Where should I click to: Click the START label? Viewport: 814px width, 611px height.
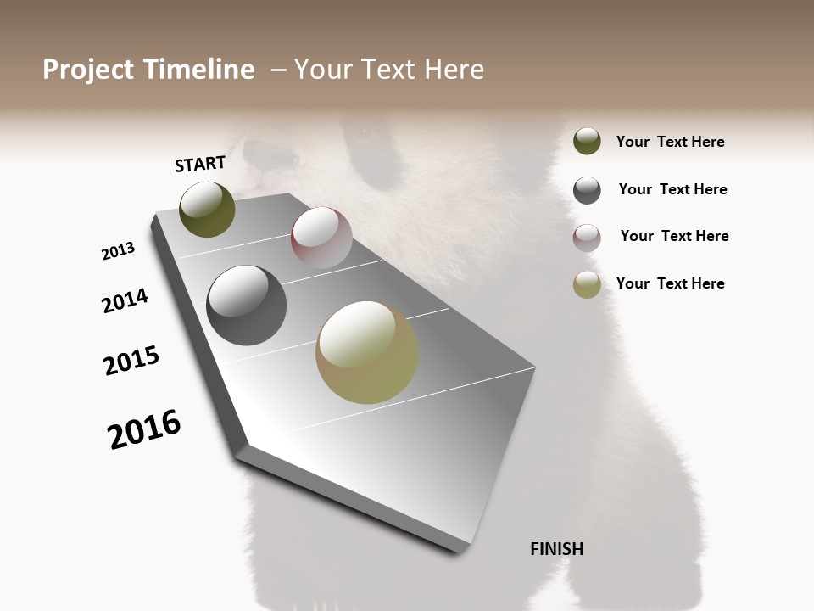click(x=200, y=164)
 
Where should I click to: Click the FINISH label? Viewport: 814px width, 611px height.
click(x=557, y=549)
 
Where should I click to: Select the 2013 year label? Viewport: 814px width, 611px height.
click(x=118, y=251)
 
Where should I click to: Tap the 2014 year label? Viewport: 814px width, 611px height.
click(x=125, y=300)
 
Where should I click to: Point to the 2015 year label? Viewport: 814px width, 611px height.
click(x=131, y=361)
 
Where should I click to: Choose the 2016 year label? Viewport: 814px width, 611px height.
click(x=144, y=429)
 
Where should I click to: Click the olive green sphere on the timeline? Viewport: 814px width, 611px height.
click(x=207, y=210)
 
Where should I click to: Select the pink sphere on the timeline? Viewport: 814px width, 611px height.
click(x=321, y=238)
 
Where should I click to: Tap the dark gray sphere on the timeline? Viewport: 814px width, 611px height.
click(x=246, y=305)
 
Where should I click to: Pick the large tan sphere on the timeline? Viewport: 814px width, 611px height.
click(x=367, y=352)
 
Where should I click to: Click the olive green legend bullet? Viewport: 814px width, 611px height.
click(x=587, y=141)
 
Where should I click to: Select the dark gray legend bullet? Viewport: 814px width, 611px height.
click(x=587, y=190)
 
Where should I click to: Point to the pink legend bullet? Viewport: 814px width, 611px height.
click(x=587, y=238)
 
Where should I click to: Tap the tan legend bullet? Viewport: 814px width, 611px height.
click(x=587, y=284)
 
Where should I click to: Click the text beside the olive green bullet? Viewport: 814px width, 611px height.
click(x=670, y=142)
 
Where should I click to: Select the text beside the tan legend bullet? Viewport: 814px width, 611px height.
click(x=670, y=283)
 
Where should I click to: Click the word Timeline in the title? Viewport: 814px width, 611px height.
click(x=200, y=70)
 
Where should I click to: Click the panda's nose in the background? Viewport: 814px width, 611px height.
click(x=259, y=154)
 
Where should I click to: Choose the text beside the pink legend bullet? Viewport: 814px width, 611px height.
click(x=674, y=236)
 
